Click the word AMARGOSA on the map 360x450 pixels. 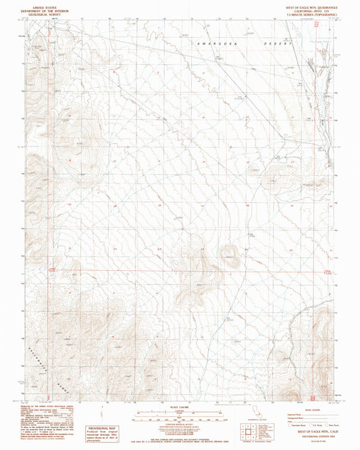(x=211, y=43)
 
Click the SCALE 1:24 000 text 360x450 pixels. (x=180, y=406)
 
